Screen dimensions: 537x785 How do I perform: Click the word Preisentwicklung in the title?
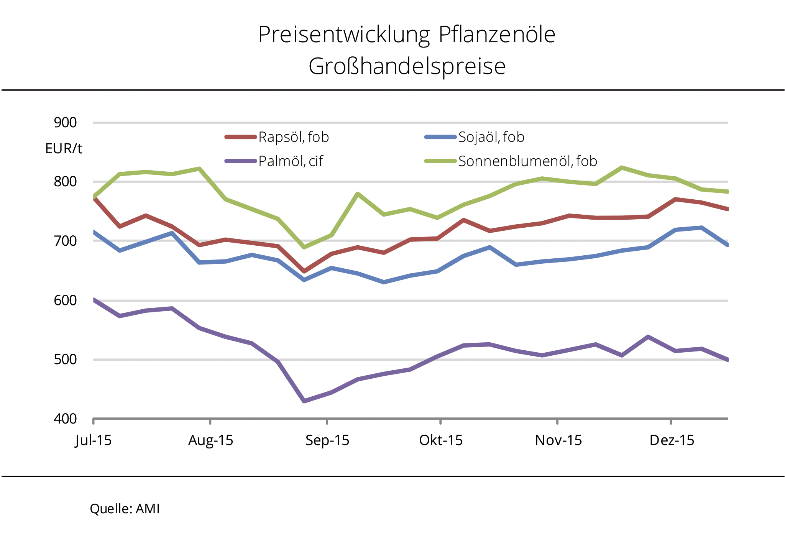point(344,35)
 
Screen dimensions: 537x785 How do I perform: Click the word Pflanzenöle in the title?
point(497,35)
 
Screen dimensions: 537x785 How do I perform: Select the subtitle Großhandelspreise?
point(407,66)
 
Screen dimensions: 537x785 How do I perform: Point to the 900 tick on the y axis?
point(65,123)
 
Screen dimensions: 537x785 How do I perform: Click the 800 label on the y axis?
point(65,182)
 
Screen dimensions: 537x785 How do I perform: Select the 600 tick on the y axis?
point(65,300)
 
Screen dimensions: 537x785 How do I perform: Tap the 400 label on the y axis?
point(65,419)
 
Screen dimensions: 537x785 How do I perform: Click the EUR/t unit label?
point(64,149)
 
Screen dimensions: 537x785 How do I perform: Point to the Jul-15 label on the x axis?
point(93,440)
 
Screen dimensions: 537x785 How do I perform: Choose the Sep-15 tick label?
point(327,440)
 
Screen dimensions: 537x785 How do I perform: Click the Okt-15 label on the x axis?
point(441,440)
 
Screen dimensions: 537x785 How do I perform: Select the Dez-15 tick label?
point(672,440)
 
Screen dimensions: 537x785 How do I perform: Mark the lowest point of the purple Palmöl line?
point(304,401)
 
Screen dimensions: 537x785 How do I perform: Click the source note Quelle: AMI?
point(125,509)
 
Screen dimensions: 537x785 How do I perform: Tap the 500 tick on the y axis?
point(65,360)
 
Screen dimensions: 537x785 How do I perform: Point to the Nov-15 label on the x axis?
point(558,440)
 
